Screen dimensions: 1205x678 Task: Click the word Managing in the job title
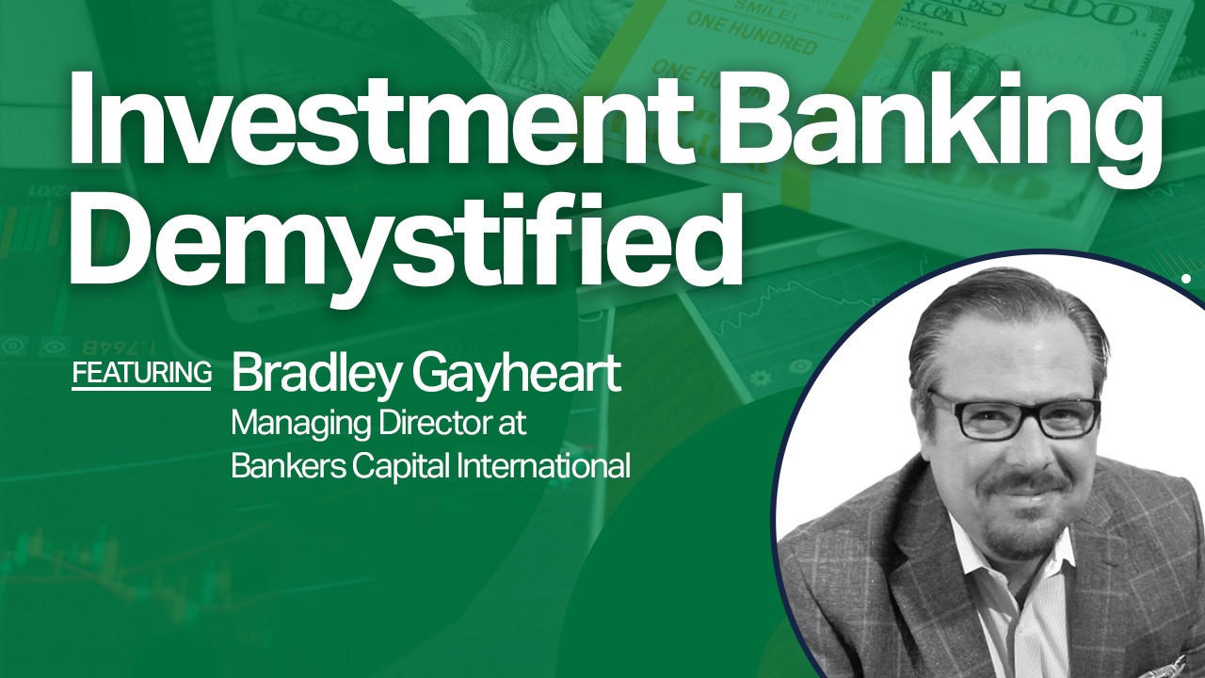[x=301, y=425]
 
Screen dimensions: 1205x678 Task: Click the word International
[x=543, y=466]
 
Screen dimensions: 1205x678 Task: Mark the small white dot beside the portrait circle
[x=1185, y=278]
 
